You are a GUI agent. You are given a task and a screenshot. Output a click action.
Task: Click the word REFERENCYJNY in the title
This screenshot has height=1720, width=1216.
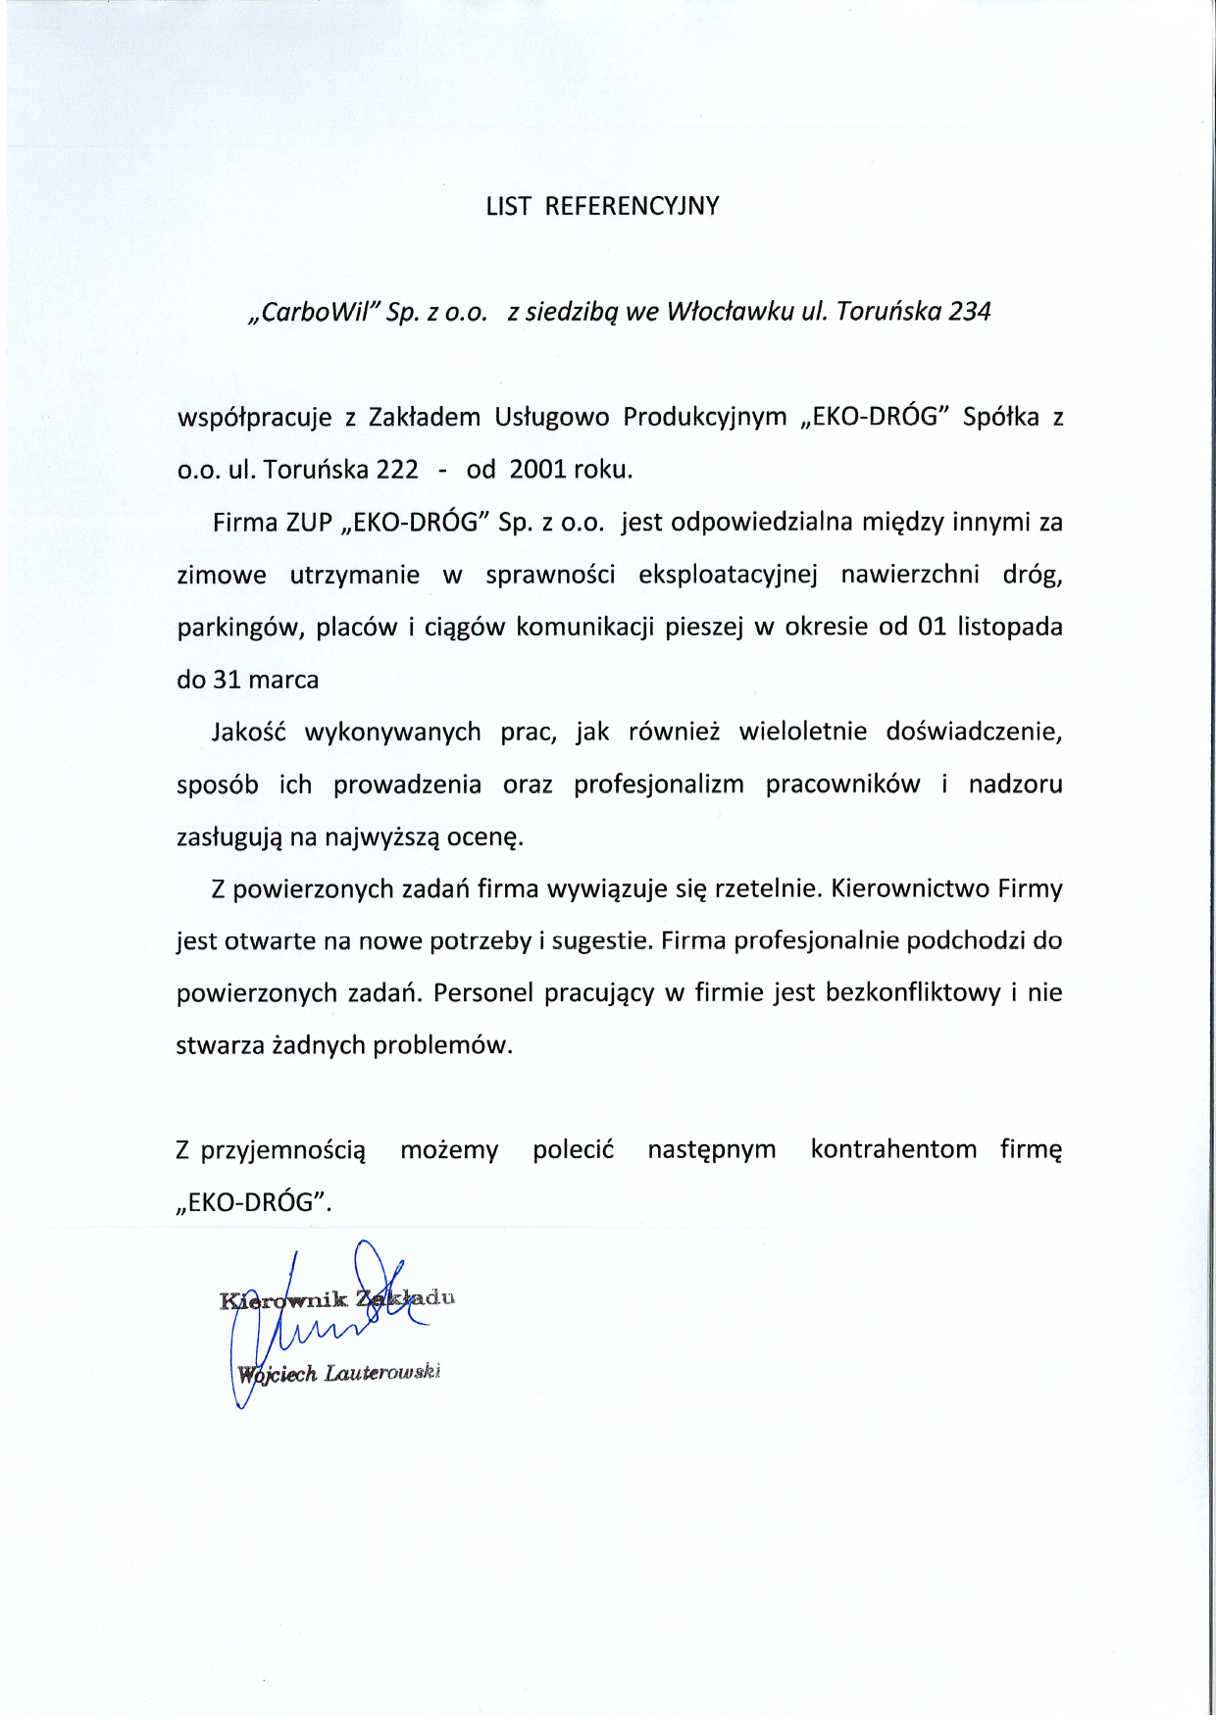tap(632, 206)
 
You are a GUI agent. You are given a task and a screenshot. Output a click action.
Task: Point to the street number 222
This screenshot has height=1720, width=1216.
tap(397, 470)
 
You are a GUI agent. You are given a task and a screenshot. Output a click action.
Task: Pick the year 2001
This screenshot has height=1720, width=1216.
tap(538, 470)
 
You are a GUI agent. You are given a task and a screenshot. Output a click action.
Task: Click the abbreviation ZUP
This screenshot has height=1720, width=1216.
tap(309, 522)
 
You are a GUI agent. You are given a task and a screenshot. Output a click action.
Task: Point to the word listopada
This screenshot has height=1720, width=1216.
tap(1009, 627)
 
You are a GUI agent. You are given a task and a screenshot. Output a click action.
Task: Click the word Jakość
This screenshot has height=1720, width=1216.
tap(248, 733)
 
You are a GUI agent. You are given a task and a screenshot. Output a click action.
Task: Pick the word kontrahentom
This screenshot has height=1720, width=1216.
tap(893, 1149)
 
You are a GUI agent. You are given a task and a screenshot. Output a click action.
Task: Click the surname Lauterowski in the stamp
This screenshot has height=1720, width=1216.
tap(382, 1373)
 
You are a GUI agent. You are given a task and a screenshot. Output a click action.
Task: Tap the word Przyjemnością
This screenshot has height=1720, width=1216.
tap(283, 1150)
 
